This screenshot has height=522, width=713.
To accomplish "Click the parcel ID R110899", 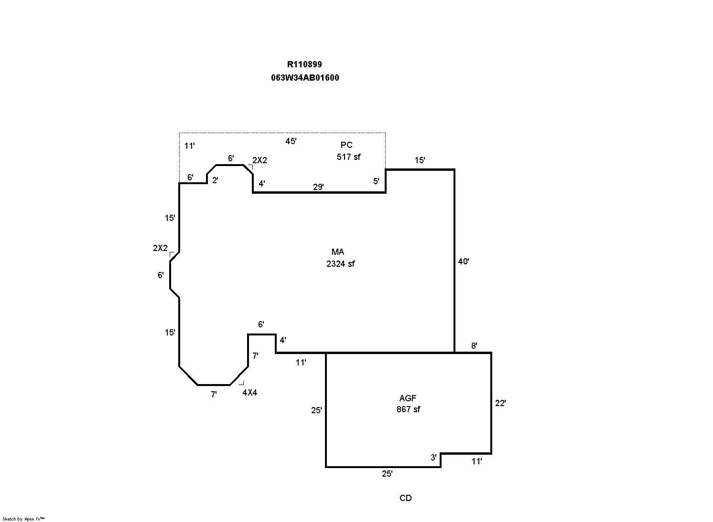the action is [304, 64].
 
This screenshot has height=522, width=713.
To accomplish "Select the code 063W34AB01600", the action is [305, 78].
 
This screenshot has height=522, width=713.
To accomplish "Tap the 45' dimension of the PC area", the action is [291, 141].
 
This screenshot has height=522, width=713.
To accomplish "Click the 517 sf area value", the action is [348, 157].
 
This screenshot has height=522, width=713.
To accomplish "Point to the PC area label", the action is [346, 145].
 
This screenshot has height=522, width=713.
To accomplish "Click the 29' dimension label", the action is [318, 187].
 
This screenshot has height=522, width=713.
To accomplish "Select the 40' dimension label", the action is [464, 261].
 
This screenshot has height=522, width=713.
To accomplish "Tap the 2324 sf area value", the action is [341, 264].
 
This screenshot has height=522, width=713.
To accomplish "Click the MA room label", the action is [338, 252].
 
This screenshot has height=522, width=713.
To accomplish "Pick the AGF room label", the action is [408, 398].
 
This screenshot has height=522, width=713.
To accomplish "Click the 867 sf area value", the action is [409, 409].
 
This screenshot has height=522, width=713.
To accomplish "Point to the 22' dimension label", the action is [500, 403].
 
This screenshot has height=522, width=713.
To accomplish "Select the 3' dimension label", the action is [433, 458].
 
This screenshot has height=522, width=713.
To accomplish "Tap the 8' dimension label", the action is [474, 346].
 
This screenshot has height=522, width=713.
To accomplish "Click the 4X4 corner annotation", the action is [250, 393].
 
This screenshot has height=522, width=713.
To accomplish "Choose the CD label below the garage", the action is [406, 498].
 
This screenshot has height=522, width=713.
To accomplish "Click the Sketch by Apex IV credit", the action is [23, 519].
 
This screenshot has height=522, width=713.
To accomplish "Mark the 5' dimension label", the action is [376, 181].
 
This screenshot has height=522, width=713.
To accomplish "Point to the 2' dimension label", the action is [215, 180].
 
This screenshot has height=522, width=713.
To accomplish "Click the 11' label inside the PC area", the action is [189, 146].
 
